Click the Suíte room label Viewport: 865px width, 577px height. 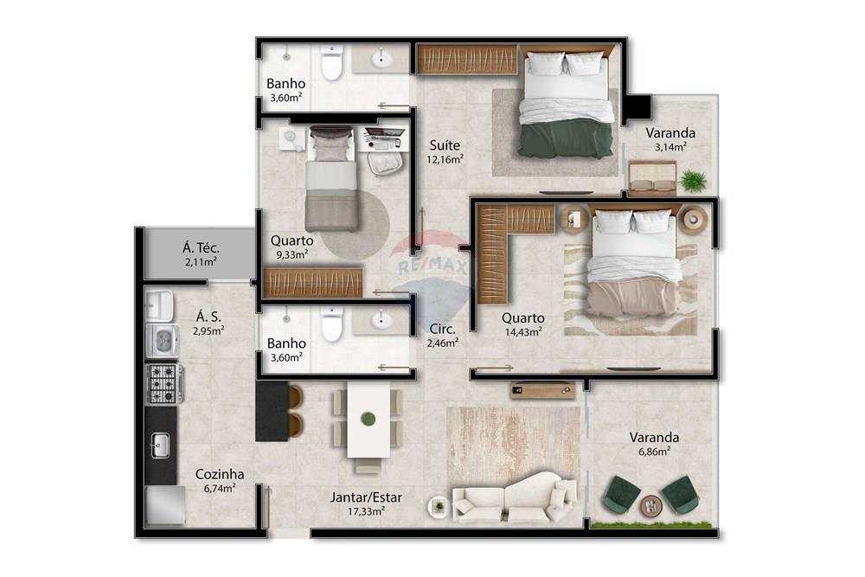(444, 144)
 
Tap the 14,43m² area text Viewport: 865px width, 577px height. (522, 330)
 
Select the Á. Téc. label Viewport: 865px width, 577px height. (200, 247)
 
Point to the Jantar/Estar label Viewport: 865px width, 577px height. (366, 497)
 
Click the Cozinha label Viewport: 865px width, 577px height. (219, 474)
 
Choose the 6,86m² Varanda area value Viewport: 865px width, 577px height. (653, 451)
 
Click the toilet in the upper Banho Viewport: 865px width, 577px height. (331, 62)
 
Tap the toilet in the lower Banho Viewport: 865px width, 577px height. (331, 323)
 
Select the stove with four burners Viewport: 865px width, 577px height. (163, 383)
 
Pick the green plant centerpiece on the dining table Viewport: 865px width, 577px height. (368, 419)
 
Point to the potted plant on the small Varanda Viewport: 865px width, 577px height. (692, 180)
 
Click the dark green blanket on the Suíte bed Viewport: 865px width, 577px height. (565, 139)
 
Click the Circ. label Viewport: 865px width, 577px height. (443, 329)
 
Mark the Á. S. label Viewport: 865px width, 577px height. (208, 317)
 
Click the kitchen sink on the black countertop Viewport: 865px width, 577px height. (160, 446)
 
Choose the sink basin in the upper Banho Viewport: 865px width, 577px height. (381, 59)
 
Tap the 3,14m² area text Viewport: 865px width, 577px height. (670, 147)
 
